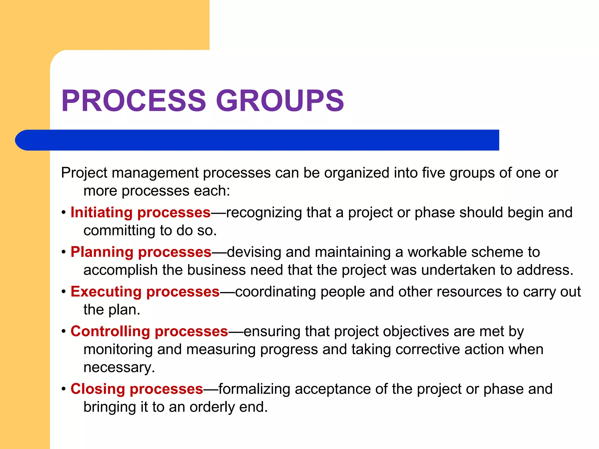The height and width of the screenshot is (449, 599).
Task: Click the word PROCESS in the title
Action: coord(134,101)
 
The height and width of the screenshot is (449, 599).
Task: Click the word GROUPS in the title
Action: coord(280,101)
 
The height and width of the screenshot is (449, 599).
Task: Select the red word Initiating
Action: coord(101,213)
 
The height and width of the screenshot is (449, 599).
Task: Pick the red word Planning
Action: coord(102,252)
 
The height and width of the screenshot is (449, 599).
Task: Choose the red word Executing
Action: coord(106,292)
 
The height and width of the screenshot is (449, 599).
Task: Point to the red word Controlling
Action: coord(110,331)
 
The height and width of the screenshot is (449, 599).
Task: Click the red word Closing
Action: coord(98,389)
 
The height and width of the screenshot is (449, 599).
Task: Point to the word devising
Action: coord(254,252)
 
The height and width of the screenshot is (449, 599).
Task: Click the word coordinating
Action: coord(275,292)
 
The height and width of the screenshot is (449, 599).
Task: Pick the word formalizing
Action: coord(254,389)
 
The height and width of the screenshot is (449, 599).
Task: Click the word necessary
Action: coord(119,368)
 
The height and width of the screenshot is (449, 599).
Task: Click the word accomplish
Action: coord(121,270)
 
